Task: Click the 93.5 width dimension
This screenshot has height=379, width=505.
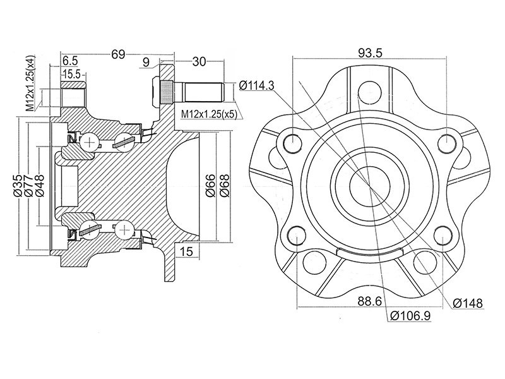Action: click(x=370, y=52)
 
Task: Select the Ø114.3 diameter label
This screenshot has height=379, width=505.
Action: click(x=257, y=85)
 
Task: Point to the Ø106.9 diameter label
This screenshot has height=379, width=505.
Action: click(x=410, y=315)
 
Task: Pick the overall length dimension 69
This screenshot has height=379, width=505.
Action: click(x=118, y=54)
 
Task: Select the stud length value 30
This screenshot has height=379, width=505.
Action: click(x=199, y=61)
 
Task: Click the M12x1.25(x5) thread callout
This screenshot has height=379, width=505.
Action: click(x=209, y=114)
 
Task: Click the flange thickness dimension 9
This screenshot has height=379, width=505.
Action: click(x=146, y=61)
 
